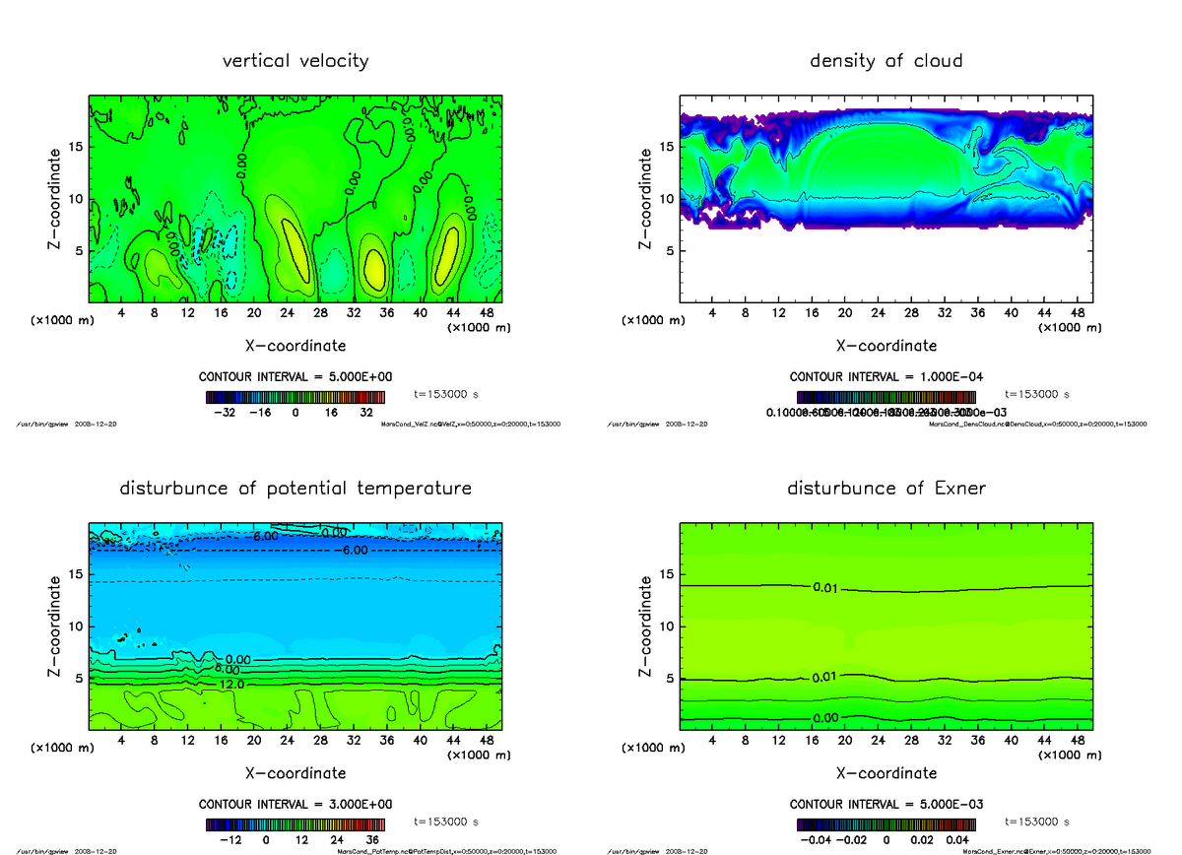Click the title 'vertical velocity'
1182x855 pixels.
point(295,61)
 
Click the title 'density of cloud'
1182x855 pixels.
point(886,61)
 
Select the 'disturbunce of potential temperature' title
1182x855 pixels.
point(295,489)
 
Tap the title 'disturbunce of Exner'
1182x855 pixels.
point(886,489)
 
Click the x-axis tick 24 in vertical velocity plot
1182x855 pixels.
point(287,313)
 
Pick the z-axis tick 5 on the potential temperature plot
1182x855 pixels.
point(75,678)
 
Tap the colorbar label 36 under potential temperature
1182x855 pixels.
point(371,840)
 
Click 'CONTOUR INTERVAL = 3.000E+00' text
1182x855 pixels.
point(295,804)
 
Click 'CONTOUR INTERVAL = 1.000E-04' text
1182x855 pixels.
point(886,376)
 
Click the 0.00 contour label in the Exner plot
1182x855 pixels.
point(826,718)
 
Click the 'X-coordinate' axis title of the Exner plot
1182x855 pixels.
point(886,773)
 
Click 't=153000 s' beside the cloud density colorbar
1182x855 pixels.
point(1037,394)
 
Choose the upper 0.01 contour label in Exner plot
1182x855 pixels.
point(826,589)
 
